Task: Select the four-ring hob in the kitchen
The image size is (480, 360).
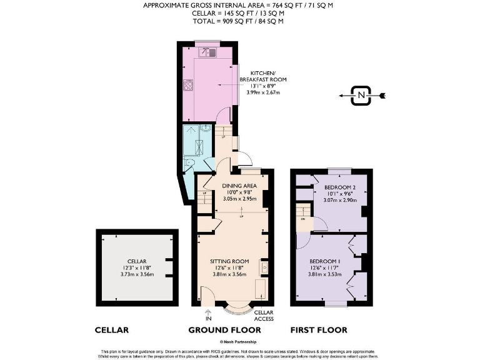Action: click(x=187, y=86)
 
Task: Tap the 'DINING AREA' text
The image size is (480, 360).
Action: click(x=240, y=185)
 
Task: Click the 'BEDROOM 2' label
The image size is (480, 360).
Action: click(x=340, y=187)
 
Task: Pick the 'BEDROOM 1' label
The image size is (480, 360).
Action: click(x=325, y=261)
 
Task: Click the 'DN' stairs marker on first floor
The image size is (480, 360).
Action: click(x=303, y=219)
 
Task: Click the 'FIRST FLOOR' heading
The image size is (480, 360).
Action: click(x=319, y=330)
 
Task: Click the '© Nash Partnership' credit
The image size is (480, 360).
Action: click(x=240, y=342)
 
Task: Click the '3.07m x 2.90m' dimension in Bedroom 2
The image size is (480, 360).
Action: click(x=340, y=200)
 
